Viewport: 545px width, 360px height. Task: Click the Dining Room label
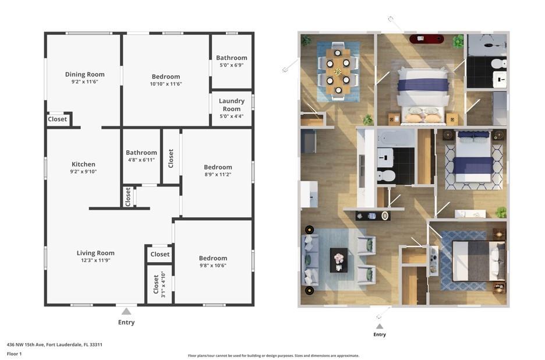coord(85,74)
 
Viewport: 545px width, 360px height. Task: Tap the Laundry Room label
coord(232,105)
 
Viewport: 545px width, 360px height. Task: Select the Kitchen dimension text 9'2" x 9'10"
coord(83,171)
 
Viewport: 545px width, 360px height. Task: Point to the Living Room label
coord(95,253)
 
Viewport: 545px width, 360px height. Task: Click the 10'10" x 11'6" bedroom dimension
coord(166,84)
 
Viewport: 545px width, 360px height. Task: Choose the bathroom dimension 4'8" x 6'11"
coord(141,160)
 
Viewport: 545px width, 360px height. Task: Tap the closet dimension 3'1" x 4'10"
coord(164,284)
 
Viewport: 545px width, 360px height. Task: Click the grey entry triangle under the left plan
coord(126,311)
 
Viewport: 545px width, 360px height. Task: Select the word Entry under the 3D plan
coord(380,334)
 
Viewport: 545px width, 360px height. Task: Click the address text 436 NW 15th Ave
coord(26,345)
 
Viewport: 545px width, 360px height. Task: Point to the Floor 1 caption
coord(14,354)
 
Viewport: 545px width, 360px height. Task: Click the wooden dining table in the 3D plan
coord(338,72)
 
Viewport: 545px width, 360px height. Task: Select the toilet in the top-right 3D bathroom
coord(499,63)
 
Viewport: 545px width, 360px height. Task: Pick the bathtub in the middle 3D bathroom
coord(396,138)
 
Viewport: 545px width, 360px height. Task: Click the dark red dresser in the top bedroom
coord(426,38)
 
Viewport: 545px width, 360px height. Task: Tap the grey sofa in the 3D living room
coord(310,260)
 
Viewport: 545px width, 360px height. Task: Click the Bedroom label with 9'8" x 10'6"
coord(213,258)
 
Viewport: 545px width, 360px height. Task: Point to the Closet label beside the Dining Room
coord(57,119)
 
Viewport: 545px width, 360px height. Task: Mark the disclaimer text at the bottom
coord(274,356)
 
